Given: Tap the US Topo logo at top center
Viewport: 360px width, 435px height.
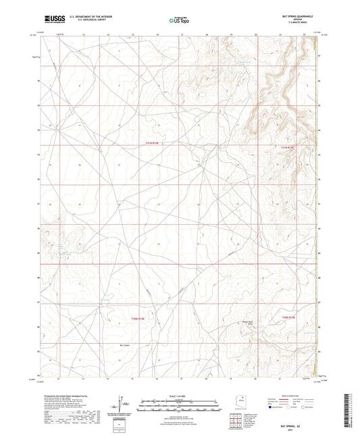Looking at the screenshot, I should [x=178, y=20].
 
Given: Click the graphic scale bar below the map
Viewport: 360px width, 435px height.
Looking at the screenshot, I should [x=180, y=405].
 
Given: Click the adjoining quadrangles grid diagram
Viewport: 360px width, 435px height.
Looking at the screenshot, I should [x=237, y=422].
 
